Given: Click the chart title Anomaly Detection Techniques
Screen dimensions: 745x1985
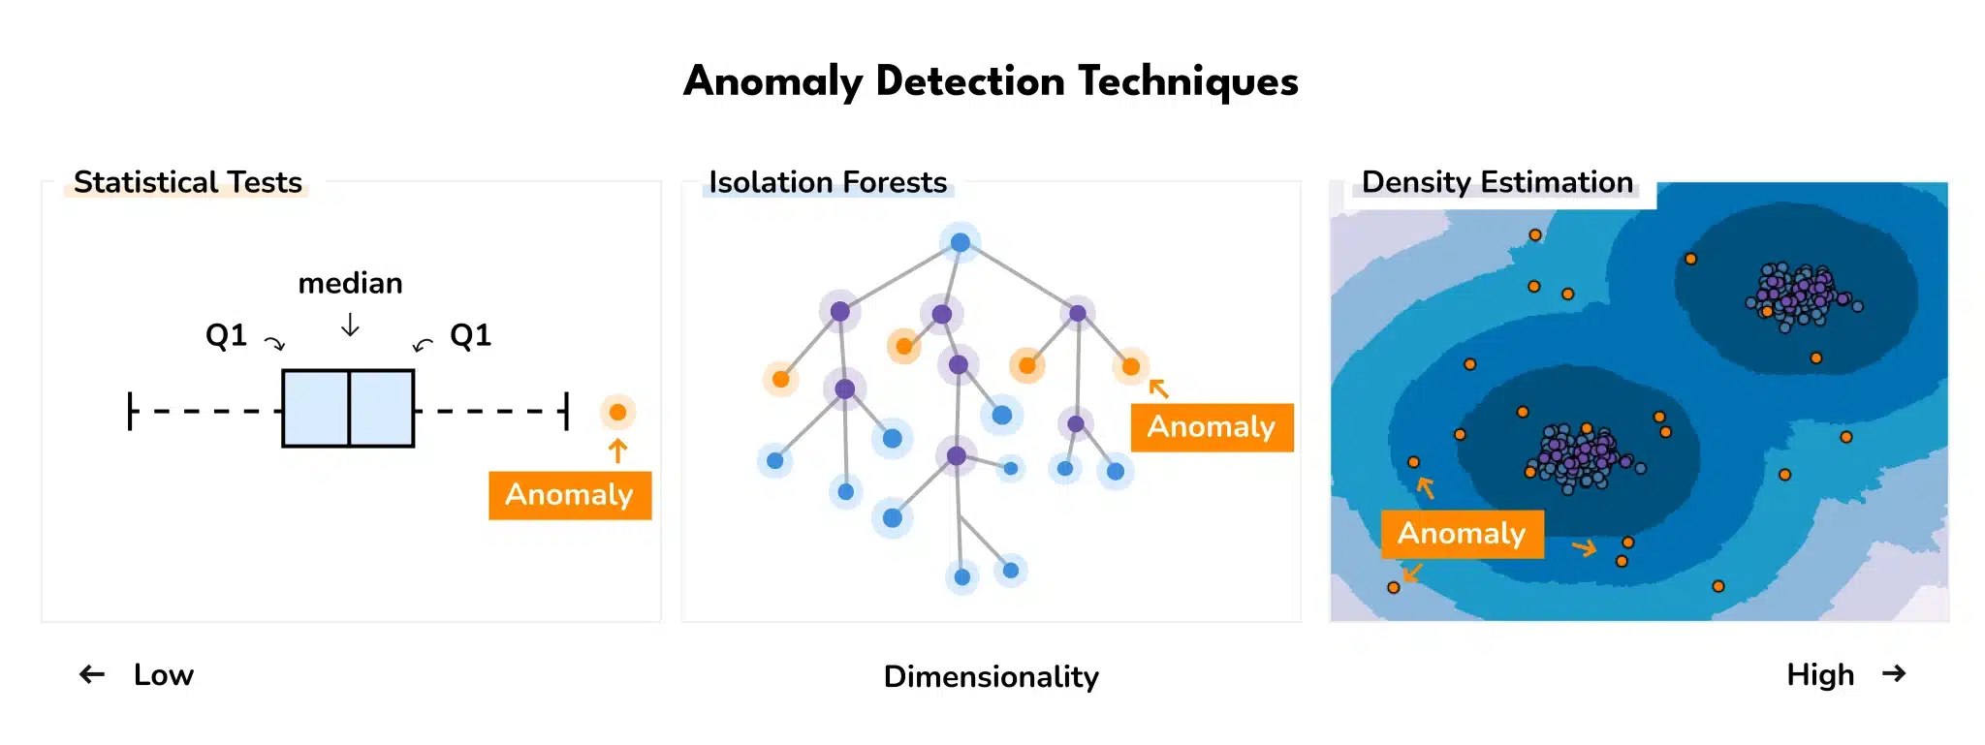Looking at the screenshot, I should pos(991,81).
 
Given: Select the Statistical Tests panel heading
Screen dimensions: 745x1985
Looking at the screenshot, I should pos(188,182).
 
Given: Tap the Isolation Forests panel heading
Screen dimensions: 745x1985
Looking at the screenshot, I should pos(828,182).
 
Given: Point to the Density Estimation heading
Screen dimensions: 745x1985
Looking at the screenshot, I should pos(1497,182).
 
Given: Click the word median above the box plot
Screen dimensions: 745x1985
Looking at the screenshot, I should pos(350,283).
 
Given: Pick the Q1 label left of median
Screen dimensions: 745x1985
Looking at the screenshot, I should pos(226,335).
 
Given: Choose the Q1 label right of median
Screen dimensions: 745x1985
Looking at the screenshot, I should pos(471,335).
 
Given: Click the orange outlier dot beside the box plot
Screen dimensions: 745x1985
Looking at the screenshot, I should pos(617,412).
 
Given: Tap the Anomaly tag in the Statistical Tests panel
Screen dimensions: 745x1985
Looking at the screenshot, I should pos(570,495).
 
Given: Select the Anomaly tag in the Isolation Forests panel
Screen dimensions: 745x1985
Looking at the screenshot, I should pos(1212,427).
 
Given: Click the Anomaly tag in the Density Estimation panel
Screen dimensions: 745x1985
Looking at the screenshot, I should pos(1462,534).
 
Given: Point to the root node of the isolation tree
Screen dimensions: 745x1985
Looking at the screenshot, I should pos(960,242).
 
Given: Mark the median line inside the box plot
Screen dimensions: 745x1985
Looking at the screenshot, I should pos(349,408).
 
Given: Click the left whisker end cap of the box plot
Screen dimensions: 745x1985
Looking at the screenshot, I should pos(130,411).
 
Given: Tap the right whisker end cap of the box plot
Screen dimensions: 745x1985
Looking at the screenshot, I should pos(566,411).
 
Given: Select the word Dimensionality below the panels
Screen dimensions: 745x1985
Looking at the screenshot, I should pos(991,676).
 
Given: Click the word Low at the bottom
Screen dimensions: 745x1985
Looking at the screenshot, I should pos(164,674).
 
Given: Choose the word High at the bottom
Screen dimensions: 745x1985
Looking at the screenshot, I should pos(1820,674).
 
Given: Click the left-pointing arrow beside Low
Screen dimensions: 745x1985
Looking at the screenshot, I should pos(92,674).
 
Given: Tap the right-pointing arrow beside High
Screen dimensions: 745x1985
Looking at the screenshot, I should pos(1894,673).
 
